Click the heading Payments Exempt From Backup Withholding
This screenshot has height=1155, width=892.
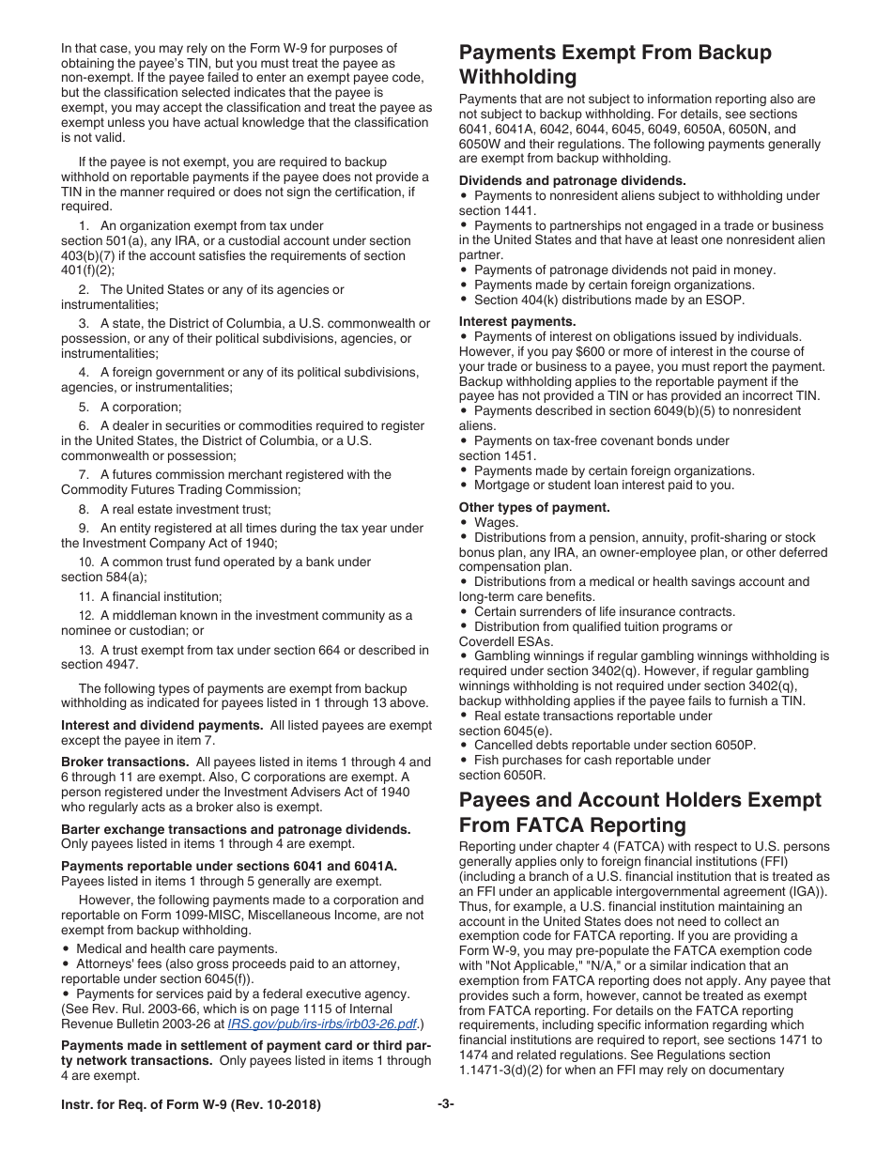point(615,64)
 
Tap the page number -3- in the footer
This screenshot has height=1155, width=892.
point(445,1104)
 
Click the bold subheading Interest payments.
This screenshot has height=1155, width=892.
point(517,321)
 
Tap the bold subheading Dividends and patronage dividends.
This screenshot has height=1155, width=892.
point(572,180)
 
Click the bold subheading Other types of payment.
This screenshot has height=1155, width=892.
point(534,507)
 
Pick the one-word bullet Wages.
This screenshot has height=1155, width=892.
point(496,522)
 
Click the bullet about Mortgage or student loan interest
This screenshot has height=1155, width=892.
point(604,485)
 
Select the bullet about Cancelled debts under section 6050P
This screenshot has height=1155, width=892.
point(614,745)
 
